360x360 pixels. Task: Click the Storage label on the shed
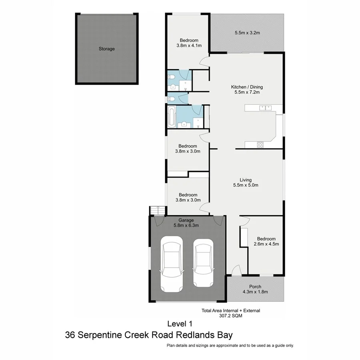point(107,49)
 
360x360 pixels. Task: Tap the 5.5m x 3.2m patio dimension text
point(247,32)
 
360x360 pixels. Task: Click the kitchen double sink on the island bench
point(265,107)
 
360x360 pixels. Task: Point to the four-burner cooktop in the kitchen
point(260,145)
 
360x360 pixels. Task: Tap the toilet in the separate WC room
point(171,98)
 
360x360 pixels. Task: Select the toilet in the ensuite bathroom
point(171,76)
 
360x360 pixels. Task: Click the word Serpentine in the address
point(105,335)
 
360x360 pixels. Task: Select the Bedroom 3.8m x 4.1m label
point(189,43)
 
